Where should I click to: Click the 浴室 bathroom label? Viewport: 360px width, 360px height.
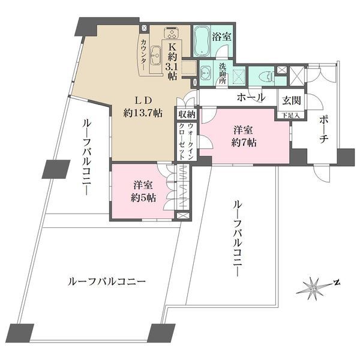(x=223, y=35)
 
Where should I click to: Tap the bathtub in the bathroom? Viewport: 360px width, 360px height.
(x=201, y=41)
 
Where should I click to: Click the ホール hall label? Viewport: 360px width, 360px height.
(x=251, y=97)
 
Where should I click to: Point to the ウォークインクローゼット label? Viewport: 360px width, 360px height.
(x=185, y=141)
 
